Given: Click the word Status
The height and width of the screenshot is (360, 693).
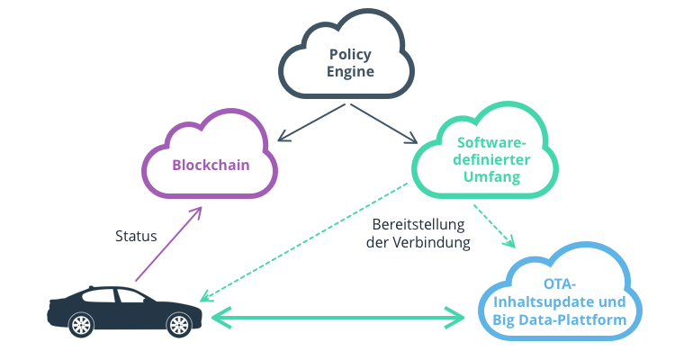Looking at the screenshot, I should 136,236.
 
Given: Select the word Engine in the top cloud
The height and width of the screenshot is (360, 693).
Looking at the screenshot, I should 350,71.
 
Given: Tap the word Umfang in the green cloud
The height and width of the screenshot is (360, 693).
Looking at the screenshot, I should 491,177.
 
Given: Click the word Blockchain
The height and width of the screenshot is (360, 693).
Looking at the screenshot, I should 211,166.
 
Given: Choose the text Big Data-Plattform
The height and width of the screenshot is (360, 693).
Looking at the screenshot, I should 565,319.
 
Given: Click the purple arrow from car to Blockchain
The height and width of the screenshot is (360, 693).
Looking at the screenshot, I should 168,244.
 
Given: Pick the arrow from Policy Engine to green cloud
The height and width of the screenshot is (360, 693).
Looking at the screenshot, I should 382,123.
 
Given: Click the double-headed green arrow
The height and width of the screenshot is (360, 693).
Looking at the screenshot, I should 337,316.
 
